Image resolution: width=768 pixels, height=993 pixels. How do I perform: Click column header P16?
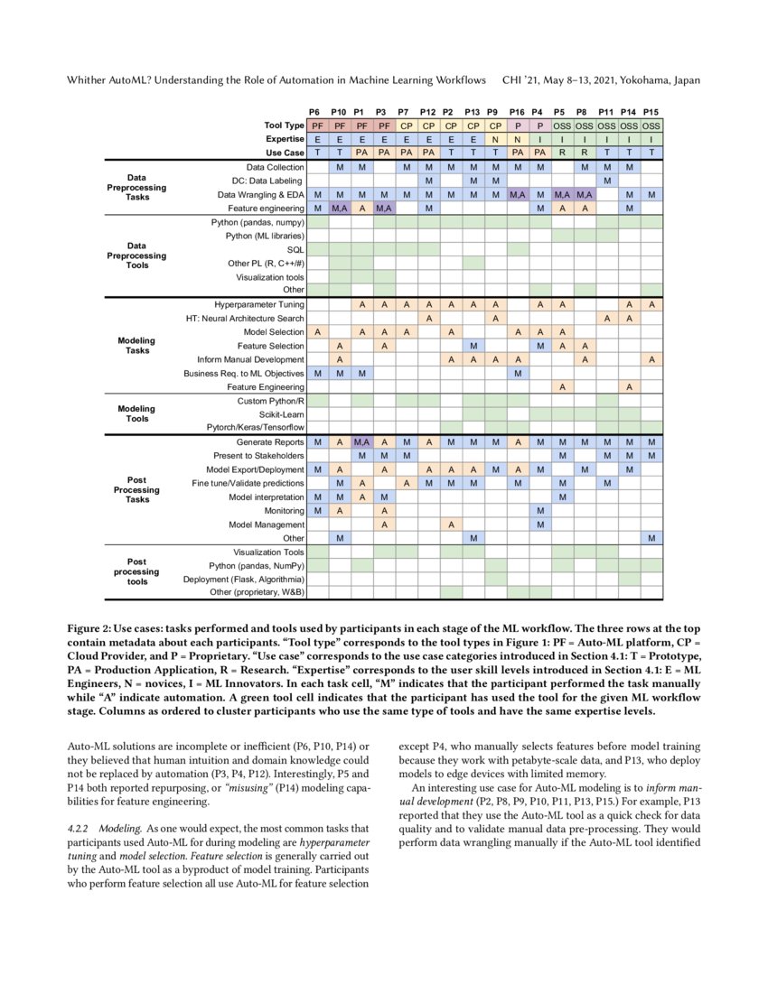(x=517, y=112)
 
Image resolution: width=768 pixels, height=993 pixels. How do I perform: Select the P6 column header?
(x=317, y=112)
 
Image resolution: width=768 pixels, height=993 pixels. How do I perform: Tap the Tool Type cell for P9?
(x=494, y=126)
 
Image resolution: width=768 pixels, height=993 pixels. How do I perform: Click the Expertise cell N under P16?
(x=517, y=140)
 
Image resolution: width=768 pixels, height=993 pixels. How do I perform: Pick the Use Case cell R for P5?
(x=561, y=153)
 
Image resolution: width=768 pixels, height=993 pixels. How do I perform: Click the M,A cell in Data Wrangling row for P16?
(x=517, y=195)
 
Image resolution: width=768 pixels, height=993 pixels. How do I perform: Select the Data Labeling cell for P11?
(x=606, y=181)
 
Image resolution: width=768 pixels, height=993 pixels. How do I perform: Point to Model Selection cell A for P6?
(x=317, y=332)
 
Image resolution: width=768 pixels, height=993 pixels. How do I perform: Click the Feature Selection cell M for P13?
(x=473, y=346)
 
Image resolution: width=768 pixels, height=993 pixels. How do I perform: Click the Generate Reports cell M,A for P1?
(x=361, y=442)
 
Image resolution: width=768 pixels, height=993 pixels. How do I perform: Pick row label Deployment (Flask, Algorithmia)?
(x=244, y=579)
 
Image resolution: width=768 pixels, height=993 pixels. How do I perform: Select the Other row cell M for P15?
(x=651, y=538)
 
